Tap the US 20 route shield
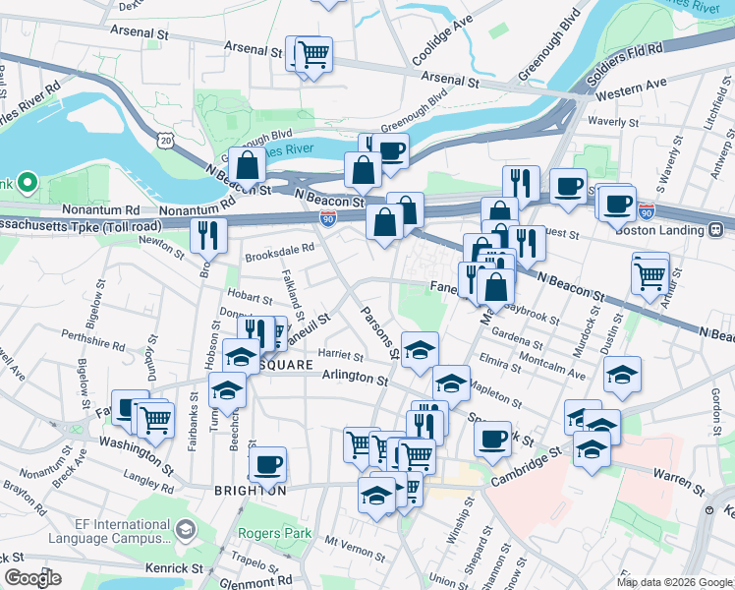164,142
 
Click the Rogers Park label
274,534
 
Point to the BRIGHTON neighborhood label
251,490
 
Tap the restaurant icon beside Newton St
207,235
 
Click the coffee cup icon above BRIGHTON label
267,462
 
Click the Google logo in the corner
32,577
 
